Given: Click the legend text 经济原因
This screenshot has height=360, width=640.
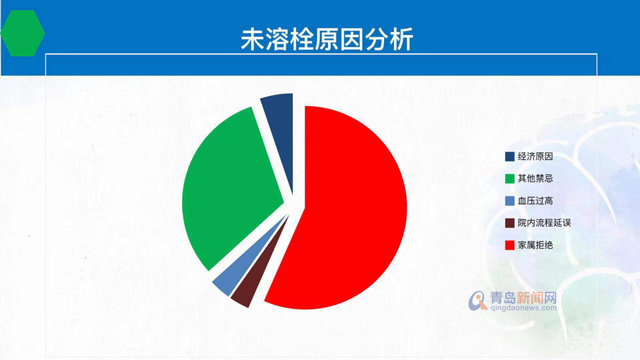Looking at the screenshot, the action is (x=535, y=157).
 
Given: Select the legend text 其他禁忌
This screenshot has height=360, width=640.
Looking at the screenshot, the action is (x=535, y=179).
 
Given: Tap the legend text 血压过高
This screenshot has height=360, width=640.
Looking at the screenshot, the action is (x=535, y=201).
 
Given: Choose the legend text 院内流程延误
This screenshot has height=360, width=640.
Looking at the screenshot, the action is (x=544, y=223).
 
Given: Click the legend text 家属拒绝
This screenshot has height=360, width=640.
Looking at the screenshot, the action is (x=535, y=245).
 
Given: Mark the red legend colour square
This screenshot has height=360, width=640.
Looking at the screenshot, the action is (x=510, y=245).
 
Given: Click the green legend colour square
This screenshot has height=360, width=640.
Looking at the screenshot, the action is (x=510, y=179).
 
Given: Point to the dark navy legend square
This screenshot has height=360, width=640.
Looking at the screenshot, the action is (x=510, y=157).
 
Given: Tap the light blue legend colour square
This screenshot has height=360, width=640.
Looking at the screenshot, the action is (x=510, y=201).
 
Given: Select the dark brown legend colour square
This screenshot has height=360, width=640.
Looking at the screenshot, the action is (x=510, y=223).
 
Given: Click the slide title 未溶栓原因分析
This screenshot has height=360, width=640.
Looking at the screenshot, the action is (x=327, y=40).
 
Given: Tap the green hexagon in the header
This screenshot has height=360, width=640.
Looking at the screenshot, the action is (x=23, y=33).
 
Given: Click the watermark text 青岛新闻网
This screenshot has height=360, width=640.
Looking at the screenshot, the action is (x=523, y=297).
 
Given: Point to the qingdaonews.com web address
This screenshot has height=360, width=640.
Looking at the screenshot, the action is (x=523, y=308).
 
